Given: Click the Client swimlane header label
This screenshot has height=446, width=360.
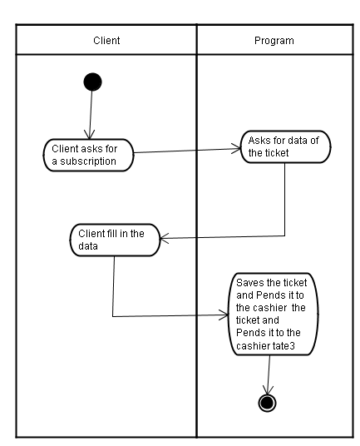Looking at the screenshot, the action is point(106,41).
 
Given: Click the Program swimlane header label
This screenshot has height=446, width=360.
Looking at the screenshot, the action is point(274,41).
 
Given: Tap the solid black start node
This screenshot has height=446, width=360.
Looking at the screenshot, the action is point(92,82).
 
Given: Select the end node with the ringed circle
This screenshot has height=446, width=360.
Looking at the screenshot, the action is point(267,403).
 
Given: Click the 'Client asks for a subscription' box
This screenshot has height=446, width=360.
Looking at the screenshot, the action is point(88,155).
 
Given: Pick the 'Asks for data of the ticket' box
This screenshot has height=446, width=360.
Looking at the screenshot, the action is point(285,146).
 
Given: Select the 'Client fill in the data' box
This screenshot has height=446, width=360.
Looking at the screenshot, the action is point(115,240).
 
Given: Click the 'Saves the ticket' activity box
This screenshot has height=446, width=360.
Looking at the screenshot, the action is point(273,314).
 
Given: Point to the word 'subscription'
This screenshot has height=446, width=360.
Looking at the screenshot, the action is point(88,161).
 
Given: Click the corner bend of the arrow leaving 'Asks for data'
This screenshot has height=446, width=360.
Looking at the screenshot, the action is point(284,235).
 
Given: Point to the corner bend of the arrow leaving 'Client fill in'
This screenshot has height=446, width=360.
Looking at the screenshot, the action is point(113,316).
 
